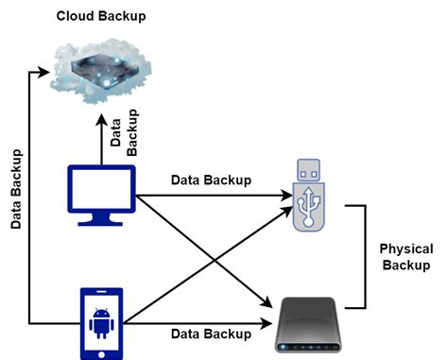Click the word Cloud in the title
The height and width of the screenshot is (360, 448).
point(77,16)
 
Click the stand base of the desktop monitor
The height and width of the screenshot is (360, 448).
point(103,223)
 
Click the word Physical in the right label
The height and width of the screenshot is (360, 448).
point(405,249)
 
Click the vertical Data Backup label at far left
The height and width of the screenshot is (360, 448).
point(16,189)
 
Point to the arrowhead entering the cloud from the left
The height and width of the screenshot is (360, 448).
point(42,69)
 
